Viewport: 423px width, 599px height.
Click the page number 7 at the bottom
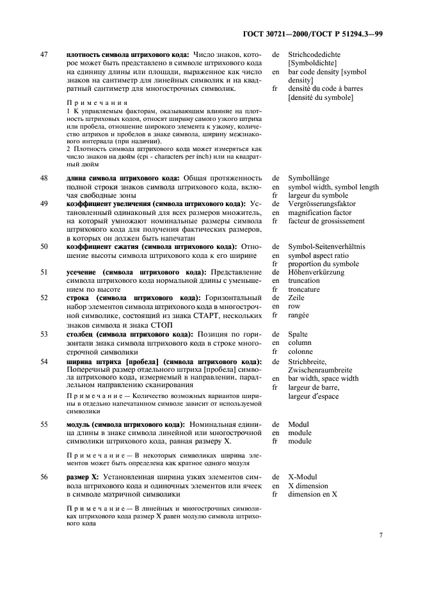pyautogui.click(x=380, y=534)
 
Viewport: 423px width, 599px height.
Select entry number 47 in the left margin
pyautogui.click(x=44, y=55)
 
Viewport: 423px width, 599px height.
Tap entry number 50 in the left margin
pyautogui.click(x=44, y=246)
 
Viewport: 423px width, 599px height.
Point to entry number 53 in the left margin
pyautogui.click(x=44, y=334)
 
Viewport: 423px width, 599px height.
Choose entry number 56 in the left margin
pyautogui.click(x=44, y=477)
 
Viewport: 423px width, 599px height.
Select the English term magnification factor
pyautogui.click(x=319, y=212)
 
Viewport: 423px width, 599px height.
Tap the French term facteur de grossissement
pyautogui.click(x=326, y=221)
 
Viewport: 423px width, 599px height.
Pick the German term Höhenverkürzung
pyautogui.click(x=316, y=272)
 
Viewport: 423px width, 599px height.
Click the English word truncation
pyautogui.click(x=304, y=281)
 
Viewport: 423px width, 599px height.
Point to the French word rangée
pyautogui.click(x=299, y=315)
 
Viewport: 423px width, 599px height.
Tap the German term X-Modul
pyautogui.click(x=302, y=477)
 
